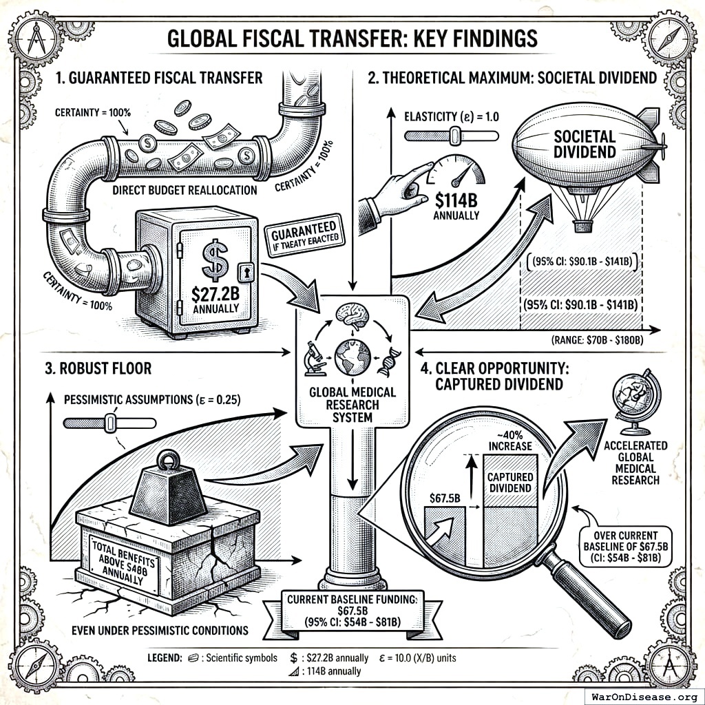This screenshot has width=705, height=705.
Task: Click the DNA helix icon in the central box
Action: tap(389, 359)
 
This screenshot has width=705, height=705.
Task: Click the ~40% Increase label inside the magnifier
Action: tap(509, 440)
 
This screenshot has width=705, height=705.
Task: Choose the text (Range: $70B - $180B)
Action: tap(608, 339)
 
